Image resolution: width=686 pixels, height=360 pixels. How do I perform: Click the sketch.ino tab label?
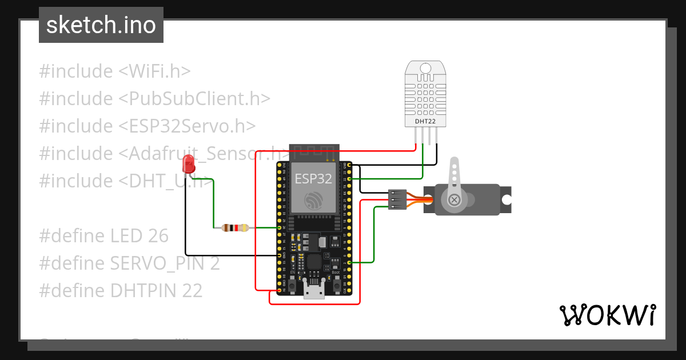pos(101,25)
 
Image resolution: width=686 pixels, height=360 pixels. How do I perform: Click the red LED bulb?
pos(188,165)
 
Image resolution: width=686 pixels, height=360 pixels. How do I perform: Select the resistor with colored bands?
pos(235,227)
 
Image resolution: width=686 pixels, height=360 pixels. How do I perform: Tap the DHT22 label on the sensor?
pos(424,121)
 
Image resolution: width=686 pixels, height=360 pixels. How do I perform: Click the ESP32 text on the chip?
pos(313,178)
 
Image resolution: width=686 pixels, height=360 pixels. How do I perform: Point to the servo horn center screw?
pos(454,199)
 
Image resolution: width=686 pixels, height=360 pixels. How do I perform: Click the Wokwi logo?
pos(607,315)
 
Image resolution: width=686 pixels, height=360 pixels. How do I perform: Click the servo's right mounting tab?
pos(505,199)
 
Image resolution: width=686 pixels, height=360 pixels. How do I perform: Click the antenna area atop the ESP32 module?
pos(314,153)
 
